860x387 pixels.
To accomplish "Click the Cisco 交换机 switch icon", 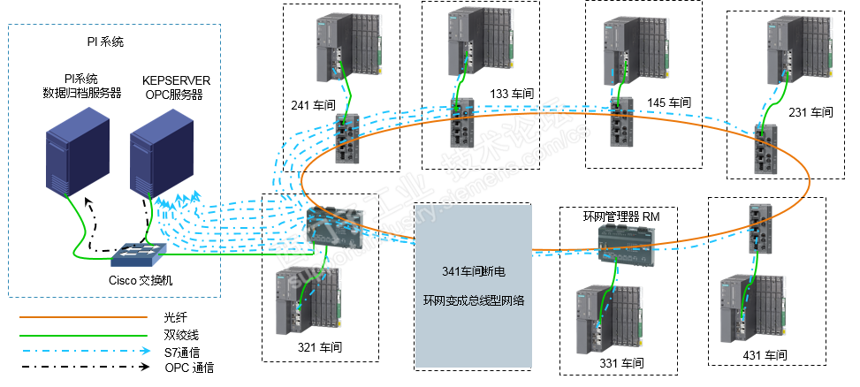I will click(140, 255).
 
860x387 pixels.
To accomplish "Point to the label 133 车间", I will click(512, 93).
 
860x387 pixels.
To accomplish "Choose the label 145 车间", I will click(668, 102).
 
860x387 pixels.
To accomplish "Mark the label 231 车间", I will click(811, 112).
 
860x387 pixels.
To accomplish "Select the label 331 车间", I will click(621, 362).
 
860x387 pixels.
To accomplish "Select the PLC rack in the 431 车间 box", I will click(752, 308).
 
